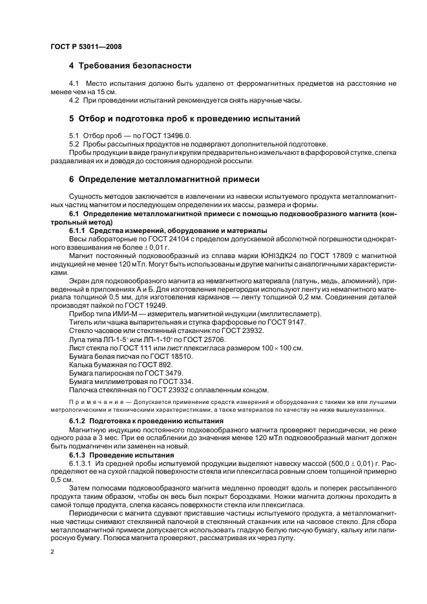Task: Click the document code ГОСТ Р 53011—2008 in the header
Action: coord(85,47)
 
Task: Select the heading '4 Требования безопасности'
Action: coord(129,66)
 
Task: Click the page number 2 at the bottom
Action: coord(52,552)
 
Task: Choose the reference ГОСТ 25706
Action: coord(207,338)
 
